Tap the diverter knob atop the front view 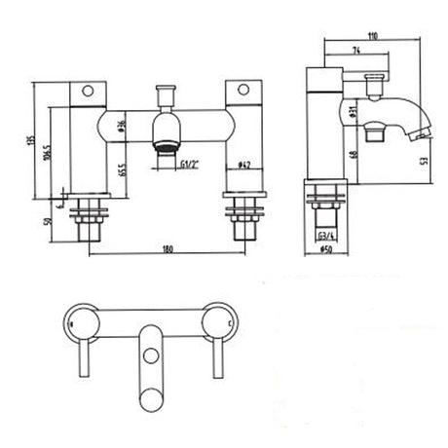tap(165, 94)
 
